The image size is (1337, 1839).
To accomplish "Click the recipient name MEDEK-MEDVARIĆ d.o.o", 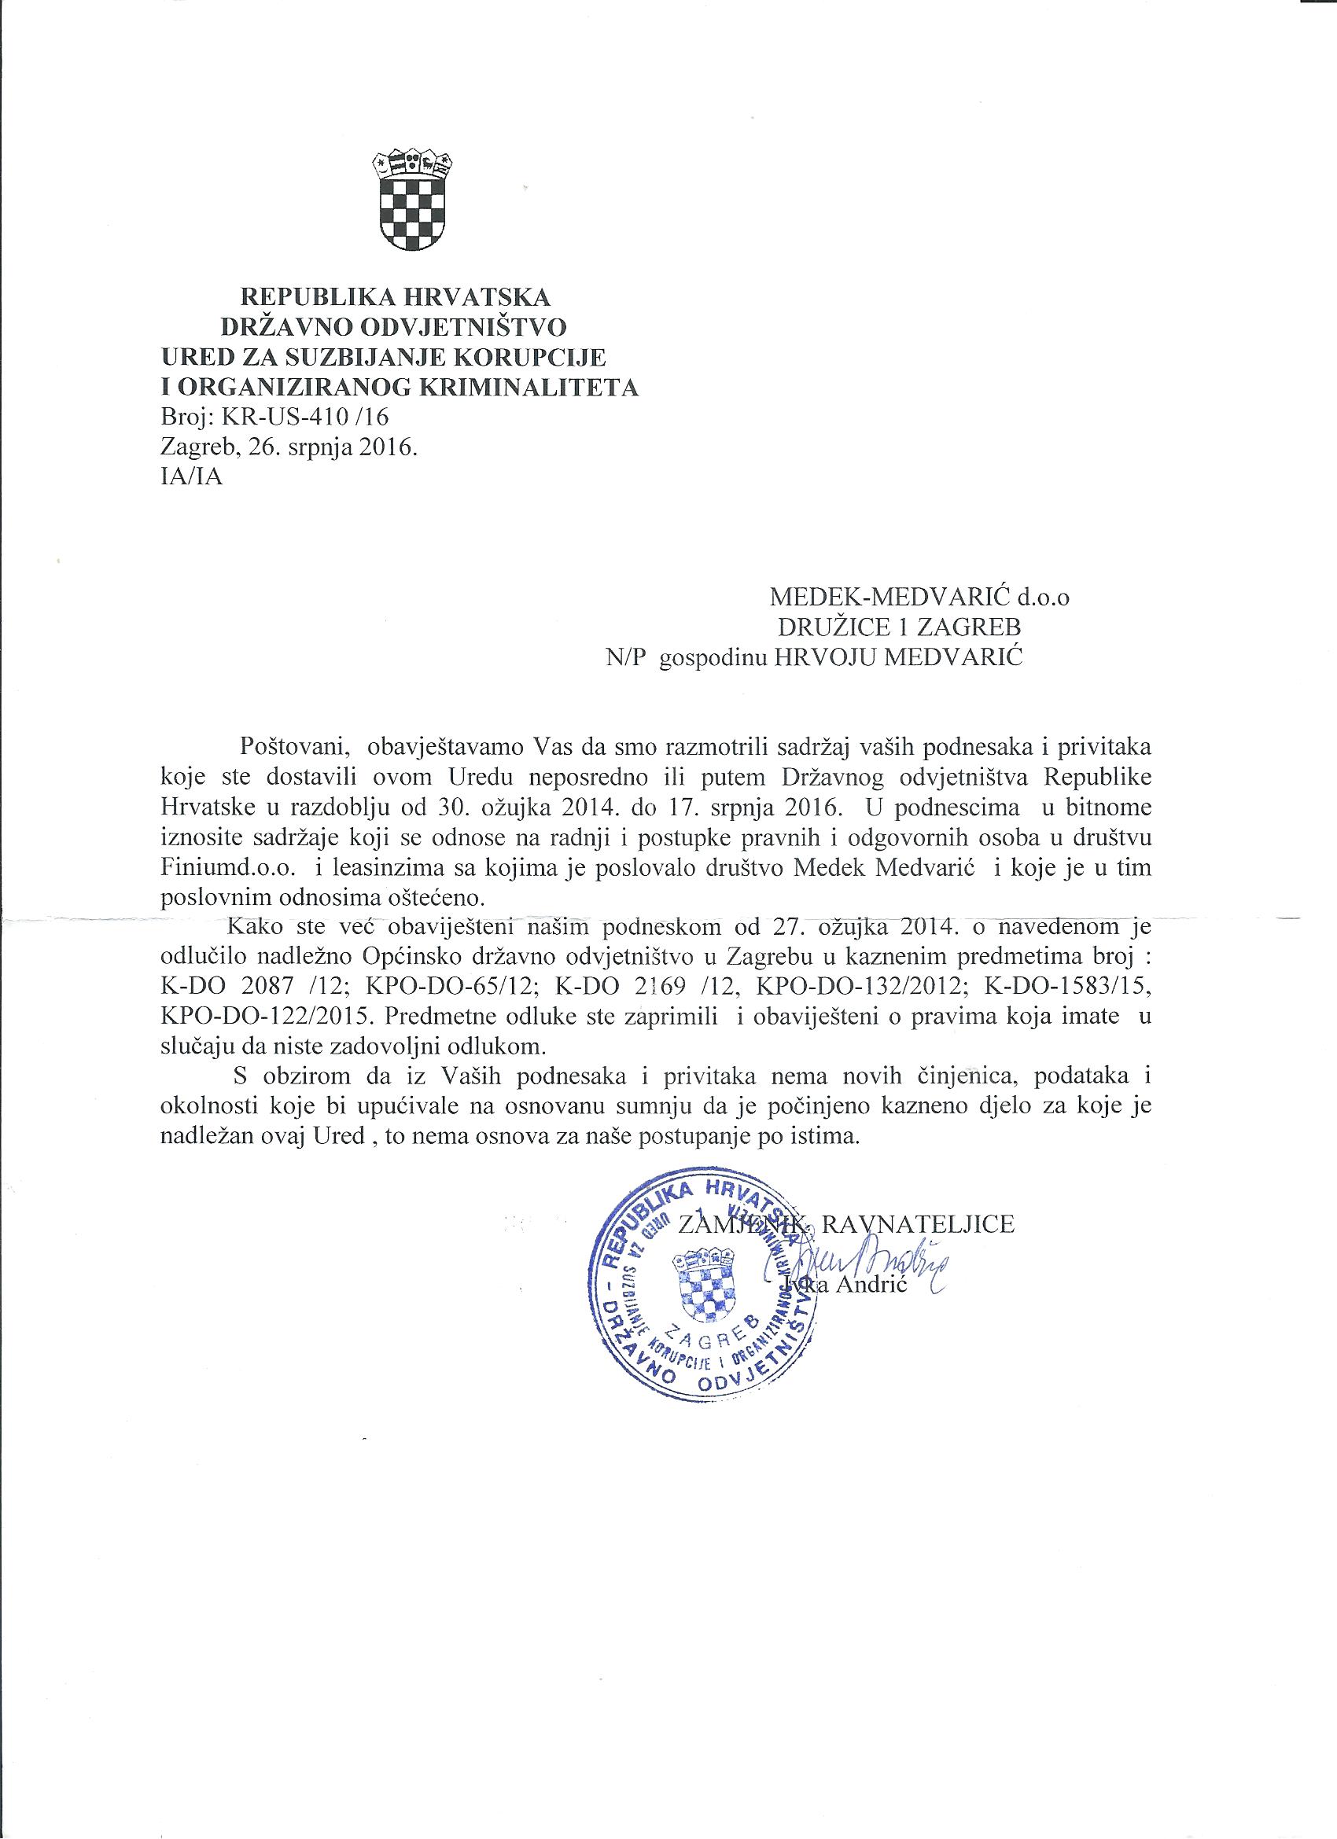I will [x=919, y=598].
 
